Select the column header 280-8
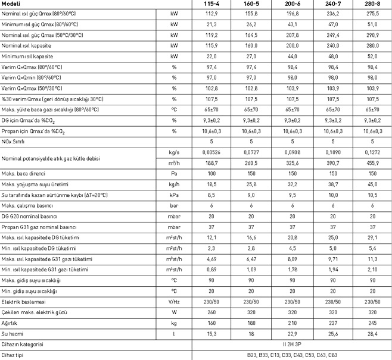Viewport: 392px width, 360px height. [x=372, y=4]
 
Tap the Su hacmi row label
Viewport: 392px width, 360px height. [x=13, y=333]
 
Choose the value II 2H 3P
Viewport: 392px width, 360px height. [x=292, y=344]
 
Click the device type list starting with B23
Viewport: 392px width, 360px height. [x=292, y=355]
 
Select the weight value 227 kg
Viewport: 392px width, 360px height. [x=332, y=323]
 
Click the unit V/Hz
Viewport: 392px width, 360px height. [x=174, y=302]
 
